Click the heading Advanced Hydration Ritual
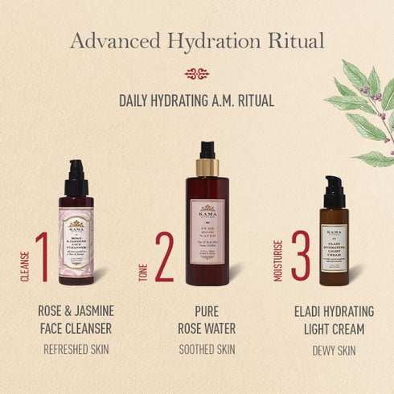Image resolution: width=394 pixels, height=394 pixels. [197, 40]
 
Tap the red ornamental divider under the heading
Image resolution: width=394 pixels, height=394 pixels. [197, 74]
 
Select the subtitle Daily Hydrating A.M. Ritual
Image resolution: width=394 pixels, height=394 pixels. [197, 101]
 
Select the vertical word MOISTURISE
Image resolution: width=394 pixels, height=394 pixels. [278, 261]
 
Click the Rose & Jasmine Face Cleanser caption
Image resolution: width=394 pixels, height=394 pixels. [77, 319]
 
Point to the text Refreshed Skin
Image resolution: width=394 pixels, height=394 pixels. [77, 349]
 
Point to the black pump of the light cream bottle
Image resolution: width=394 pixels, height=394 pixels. [334, 191]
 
